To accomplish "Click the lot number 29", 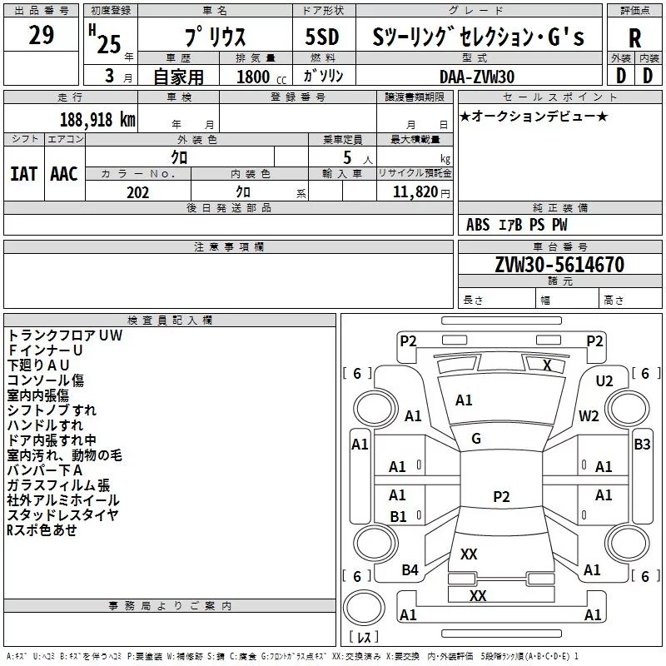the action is tap(41, 35).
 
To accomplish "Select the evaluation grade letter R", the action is tap(634, 37).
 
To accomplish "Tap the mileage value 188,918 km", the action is tap(97, 118).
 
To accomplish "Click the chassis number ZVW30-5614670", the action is tap(559, 265).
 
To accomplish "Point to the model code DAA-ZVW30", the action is tap(477, 77).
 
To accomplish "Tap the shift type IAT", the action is tap(23, 173).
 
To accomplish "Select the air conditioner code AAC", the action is tap(63, 173).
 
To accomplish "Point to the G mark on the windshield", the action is tap(476, 438).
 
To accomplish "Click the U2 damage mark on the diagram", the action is tap(604, 380).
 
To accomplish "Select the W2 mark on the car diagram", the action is tap(589, 416).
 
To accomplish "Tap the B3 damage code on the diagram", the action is tap(642, 445).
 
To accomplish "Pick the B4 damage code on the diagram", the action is tap(410, 570).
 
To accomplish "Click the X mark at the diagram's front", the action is tap(547, 365).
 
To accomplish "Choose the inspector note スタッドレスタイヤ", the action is tap(62, 515).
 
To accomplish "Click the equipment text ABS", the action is tap(478, 225).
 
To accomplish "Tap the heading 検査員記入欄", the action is tap(170, 321).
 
